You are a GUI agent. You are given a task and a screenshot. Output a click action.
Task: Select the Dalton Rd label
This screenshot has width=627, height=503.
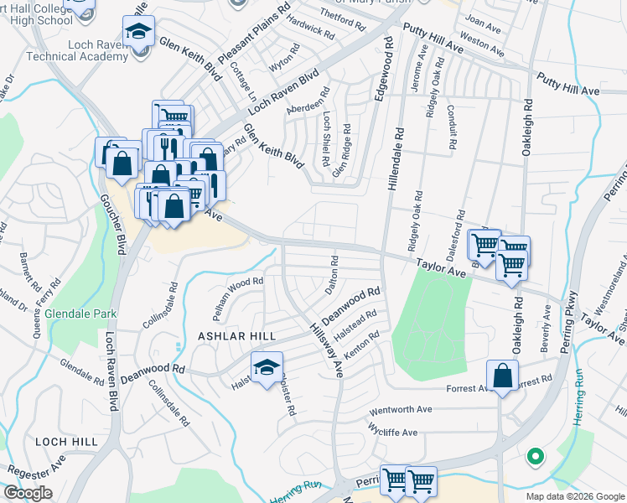click(x=333, y=273)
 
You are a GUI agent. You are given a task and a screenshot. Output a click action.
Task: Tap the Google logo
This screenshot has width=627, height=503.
click(x=27, y=493)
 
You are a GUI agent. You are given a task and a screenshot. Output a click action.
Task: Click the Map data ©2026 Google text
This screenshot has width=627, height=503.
click(x=574, y=496)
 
